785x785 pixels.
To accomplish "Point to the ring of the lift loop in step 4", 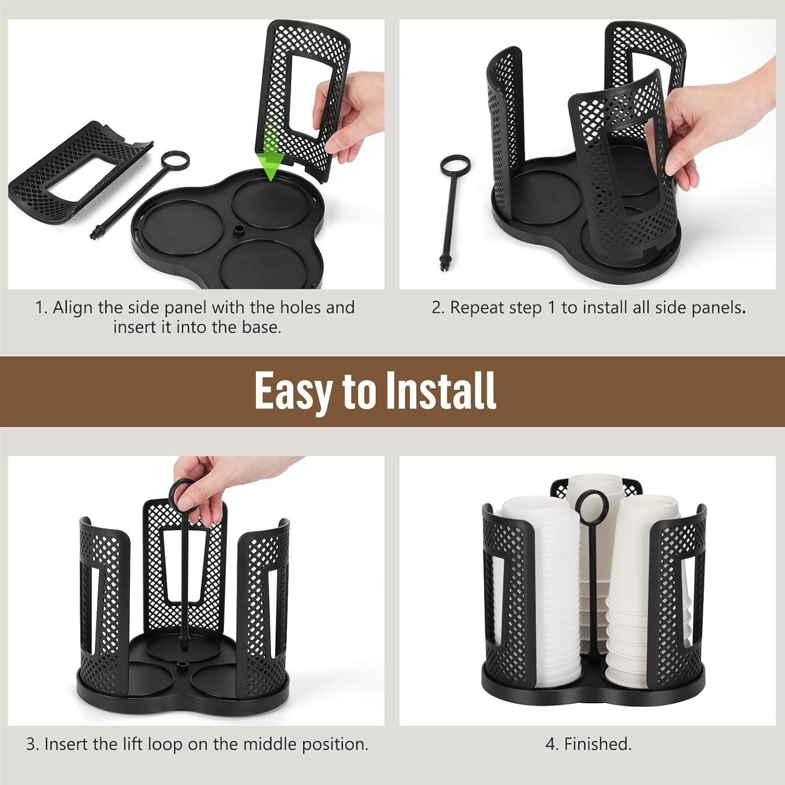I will coord(587,503).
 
